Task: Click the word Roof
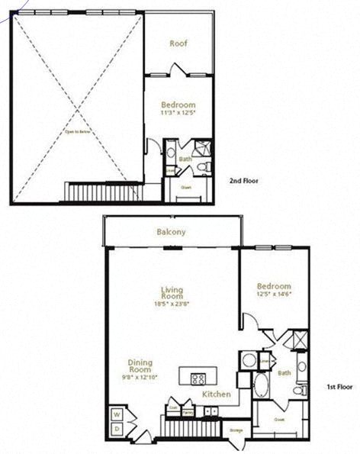(178, 43)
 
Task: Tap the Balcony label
(172, 232)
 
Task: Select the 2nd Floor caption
(244, 181)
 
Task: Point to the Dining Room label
(140, 366)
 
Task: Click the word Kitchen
(217, 394)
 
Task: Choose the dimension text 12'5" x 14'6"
(275, 294)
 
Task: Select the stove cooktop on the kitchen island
(198, 378)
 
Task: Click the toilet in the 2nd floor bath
(202, 166)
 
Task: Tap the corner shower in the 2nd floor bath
(202, 147)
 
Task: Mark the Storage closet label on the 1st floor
(236, 431)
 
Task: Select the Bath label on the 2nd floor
(185, 159)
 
